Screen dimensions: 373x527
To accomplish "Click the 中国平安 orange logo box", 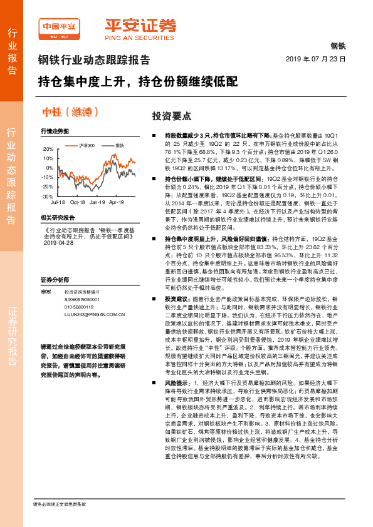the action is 58,27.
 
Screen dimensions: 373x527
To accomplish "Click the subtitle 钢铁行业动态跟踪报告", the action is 94,61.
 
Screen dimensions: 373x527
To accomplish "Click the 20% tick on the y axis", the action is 48,150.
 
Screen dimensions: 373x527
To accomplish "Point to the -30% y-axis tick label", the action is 48,196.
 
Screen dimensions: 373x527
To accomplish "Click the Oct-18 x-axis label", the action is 77,203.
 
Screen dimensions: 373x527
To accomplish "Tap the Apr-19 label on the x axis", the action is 117,203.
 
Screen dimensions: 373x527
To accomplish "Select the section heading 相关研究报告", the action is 57,217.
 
